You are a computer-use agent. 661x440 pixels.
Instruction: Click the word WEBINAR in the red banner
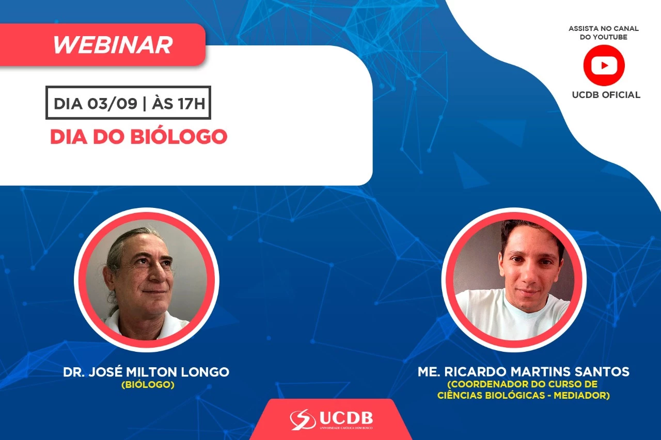pos(113,45)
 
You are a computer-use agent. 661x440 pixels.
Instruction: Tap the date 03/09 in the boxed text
pos(112,104)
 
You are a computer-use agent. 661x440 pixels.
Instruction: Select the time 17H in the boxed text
pos(191,104)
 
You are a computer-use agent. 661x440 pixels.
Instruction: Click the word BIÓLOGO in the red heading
pos(179,137)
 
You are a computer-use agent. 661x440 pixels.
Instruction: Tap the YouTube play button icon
pos(604,65)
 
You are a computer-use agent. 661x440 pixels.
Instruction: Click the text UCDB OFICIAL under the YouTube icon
pos(606,95)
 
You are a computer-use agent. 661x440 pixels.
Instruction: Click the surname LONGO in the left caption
pos(205,372)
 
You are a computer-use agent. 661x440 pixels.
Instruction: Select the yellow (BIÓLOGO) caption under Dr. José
pos(148,385)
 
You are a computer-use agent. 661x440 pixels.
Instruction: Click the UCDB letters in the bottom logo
pos(346,417)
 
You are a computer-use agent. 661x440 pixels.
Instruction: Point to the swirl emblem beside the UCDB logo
pos(303,419)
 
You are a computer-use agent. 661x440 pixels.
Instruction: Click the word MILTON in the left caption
pos(152,372)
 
